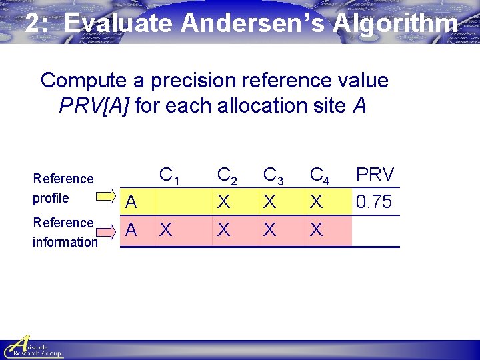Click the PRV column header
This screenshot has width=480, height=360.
tap(375, 175)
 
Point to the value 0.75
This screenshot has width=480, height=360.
tap(374, 201)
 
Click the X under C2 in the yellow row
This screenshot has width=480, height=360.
tap(224, 201)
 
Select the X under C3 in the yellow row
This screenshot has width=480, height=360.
tap(270, 201)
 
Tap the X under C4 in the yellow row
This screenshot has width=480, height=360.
tap(317, 201)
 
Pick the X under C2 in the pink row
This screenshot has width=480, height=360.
tap(224, 231)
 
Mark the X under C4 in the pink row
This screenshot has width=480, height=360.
tap(317, 231)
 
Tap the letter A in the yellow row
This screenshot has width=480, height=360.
tap(131, 201)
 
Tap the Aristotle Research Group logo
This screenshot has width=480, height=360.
tap(32, 347)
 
